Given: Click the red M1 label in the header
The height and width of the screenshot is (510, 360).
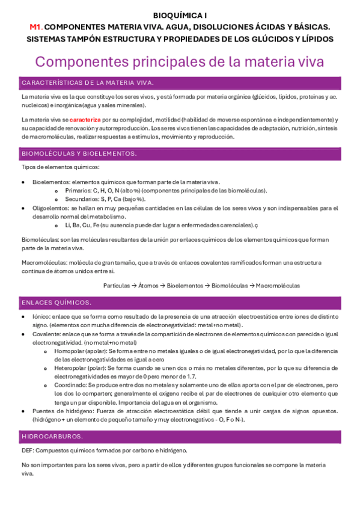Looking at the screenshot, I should (36, 27).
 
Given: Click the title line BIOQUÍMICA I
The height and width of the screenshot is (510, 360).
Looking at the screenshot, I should (180, 16).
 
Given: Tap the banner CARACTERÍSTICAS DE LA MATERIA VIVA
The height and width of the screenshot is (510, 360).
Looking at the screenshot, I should (87, 82).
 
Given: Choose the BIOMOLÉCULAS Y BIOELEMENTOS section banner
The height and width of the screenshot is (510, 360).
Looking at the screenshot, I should (79, 153).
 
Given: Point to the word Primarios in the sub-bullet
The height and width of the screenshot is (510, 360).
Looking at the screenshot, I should (76, 190).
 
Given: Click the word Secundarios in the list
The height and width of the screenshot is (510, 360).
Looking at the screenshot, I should (80, 198).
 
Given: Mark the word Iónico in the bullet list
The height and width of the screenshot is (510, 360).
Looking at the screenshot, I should (41, 316).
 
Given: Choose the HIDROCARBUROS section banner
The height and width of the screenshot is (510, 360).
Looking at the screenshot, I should (52, 435).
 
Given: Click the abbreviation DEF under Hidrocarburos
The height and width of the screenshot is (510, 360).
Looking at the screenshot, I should (28, 450).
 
